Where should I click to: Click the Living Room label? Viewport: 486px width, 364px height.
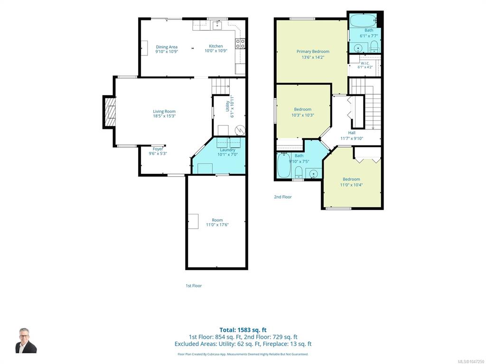tap(164, 111)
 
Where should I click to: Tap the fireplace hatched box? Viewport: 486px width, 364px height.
tap(110, 112)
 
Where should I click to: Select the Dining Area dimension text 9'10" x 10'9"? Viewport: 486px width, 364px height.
tap(167, 52)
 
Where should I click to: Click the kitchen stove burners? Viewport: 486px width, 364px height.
tap(240, 44)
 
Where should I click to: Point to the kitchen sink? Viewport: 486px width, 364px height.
tap(217, 25)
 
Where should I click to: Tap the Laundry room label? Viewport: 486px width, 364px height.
tap(227, 150)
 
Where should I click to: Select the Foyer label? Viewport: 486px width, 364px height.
tap(158, 149)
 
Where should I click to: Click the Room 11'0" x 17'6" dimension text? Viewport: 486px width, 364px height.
tap(217, 225)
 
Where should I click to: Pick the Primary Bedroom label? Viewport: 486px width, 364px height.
tap(313, 51)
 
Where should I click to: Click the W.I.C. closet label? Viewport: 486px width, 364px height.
tap(365, 63)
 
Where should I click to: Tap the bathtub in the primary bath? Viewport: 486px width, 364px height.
tap(363, 20)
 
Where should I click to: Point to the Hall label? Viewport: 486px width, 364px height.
tap(352, 133)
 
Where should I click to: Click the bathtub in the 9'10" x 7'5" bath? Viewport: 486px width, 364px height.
tap(284, 165)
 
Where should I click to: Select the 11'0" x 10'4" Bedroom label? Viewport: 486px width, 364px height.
tap(352, 179)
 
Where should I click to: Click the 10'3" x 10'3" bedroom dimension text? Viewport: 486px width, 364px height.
tap(303, 115)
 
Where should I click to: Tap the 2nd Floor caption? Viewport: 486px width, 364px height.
tap(283, 197)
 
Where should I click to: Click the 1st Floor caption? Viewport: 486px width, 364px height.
tap(194, 286)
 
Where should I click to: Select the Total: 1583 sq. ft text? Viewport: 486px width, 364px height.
tap(243, 330)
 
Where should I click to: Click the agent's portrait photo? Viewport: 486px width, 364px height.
tap(26, 340)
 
